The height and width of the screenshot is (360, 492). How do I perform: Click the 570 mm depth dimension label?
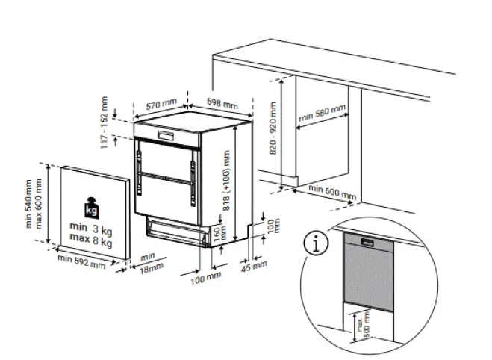pyautogui.click(x=161, y=104)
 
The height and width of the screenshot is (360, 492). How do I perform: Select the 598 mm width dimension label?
pyautogui.click(x=222, y=103)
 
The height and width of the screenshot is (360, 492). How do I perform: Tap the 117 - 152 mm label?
pyautogui.click(x=104, y=122)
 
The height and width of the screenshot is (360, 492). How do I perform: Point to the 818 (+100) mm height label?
pyautogui.click(x=226, y=180)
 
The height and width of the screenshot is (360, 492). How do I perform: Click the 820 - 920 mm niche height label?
pyautogui.click(x=273, y=128)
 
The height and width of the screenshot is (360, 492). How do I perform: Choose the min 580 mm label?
pyautogui.click(x=323, y=112)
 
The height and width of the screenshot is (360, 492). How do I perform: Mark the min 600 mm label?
pyautogui.click(x=332, y=192)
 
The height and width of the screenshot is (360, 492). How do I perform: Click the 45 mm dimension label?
pyautogui.click(x=254, y=267)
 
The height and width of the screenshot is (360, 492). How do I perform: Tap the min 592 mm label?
pyautogui.click(x=81, y=261)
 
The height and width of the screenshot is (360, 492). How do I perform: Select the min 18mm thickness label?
pyautogui.click(x=152, y=264)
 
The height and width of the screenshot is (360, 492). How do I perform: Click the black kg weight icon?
pyautogui.click(x=91, y=208)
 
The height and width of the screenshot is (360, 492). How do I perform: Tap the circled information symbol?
pyautogui.click(x=317, y=243)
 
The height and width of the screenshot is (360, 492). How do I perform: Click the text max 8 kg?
pyautogui.click(x=91, y=240)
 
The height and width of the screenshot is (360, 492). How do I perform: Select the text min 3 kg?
pyautogui.click(x=91, y=229)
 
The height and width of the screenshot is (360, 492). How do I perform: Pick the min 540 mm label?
pyautogui.click(x=29, y=204)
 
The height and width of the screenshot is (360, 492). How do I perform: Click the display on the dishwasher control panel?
pyautogui.click(x=165, y=136)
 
